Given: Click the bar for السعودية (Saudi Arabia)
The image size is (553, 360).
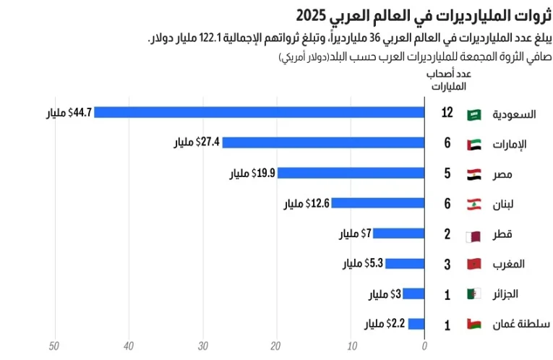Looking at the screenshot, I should pyautogui.click(x=259, y=112).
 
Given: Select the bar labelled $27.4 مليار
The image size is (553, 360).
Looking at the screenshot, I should pyautogui.click(x=323, y=142).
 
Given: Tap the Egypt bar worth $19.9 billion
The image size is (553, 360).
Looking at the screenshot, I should pyautogui.click(x=351, y=173).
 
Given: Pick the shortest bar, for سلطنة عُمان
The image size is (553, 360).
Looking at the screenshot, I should pyautogui.click(x=416, y=324).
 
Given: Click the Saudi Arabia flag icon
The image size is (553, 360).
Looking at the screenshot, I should pyautogui.click(x=474, y=113).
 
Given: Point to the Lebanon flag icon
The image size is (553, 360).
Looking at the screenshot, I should pyautogui.click(x=474, y=204).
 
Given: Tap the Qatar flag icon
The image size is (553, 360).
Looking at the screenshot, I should pyautogui.click(x=474, y=234).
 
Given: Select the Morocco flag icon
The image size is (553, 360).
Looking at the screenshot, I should pyautogui.click(x=474, y=264).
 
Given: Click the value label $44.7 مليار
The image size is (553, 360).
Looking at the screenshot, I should pyautogui.click(x=69, y=112).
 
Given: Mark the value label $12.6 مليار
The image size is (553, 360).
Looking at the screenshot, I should pyautogui.click(x=306, y=204).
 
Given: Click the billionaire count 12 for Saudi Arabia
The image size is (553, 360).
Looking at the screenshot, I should pyautogui.click(x=447, y=113).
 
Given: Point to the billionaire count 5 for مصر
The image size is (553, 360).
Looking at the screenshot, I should pyautogui.click(x=447, y=173).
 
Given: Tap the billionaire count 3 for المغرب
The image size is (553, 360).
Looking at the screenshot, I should pyautogui.click(x=447, y=264).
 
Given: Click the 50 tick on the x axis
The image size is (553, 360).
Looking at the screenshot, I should pyautogui.click(x=54, y=346).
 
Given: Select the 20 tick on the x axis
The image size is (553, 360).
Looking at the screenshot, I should pyautogui.click(x=277, y=346).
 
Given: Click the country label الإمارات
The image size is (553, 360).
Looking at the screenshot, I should pyautogui.click(x=510, y=144).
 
